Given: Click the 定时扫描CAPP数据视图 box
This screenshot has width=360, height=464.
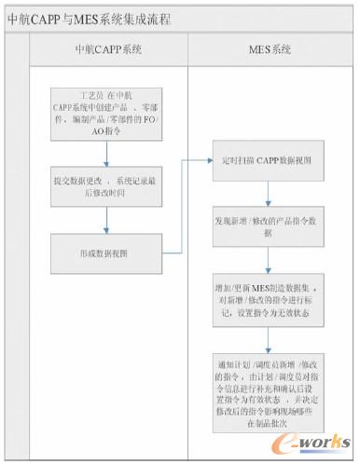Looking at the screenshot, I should point(268,160).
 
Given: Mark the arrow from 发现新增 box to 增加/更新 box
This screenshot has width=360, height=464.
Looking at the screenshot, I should point(269,257).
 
